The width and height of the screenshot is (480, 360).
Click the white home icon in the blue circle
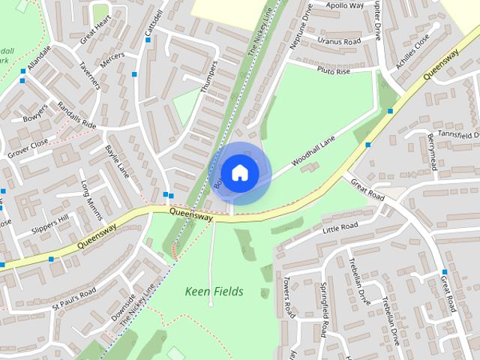(239, 172)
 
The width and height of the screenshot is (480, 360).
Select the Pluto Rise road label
(333, 72)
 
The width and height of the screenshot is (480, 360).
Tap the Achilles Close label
(415, 50)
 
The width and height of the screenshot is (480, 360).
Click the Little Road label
(339, 226)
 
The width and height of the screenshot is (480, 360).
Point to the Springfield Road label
(324, 309)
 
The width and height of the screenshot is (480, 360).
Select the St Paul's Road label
(73, 298)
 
